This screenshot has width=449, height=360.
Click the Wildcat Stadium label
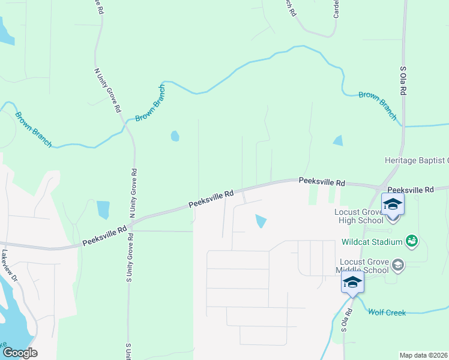pos(372,242)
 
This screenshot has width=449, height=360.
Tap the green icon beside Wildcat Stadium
pos(412,241)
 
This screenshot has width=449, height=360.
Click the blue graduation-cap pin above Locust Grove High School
pos(393,205)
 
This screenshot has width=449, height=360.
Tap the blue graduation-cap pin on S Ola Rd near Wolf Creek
pos(352,283)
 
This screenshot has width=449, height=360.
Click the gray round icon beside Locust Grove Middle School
pos(398,265)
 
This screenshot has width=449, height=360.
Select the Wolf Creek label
pos(387,313)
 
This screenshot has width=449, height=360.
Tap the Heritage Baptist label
pos(417,160)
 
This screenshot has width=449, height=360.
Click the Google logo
pos(19,353)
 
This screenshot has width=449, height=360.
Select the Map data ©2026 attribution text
pos(423,355)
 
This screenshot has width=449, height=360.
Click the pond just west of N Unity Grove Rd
pos(103,209)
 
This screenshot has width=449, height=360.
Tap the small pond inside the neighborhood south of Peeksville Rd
pos(261,221)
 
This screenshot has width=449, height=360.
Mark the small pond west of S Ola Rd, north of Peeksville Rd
pos(338,140)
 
